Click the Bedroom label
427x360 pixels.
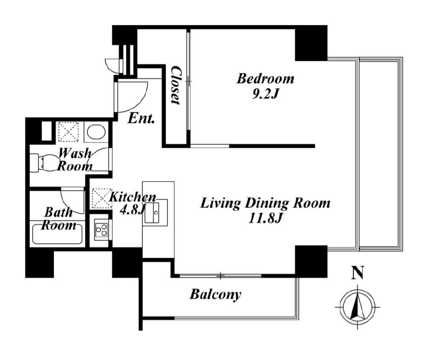265,79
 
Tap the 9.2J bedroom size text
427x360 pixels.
265,94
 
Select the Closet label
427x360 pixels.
175,85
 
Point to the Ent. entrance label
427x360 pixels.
141,118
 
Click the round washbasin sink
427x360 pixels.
96,132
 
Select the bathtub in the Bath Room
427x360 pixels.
57,234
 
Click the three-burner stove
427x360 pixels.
101,230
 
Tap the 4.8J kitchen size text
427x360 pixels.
132,209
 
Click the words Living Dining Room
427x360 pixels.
265,204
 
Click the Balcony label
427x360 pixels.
216,294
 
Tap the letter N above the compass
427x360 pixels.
358,273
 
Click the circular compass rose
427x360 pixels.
358,307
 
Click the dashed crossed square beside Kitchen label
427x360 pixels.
101,198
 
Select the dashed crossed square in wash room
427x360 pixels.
69,132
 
